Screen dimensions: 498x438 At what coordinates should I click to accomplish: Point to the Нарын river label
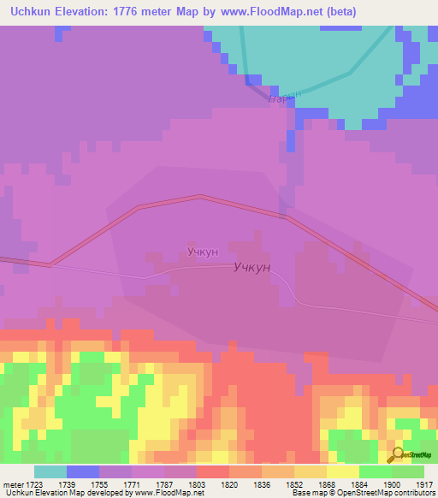tap(285, 98)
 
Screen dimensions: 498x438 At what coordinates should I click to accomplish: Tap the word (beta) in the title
tap(340, 12)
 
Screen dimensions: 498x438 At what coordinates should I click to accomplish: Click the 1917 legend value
tap(424, 483)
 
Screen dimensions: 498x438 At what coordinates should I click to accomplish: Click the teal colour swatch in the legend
tap(50, 471)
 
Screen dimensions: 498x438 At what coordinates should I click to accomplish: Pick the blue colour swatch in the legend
tap(83, 471)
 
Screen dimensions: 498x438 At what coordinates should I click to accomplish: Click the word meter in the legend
tap(15, 483)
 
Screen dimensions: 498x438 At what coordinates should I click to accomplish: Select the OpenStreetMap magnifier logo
tap(397, 454)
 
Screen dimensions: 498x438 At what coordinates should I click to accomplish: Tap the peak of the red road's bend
tap(200, 197)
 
